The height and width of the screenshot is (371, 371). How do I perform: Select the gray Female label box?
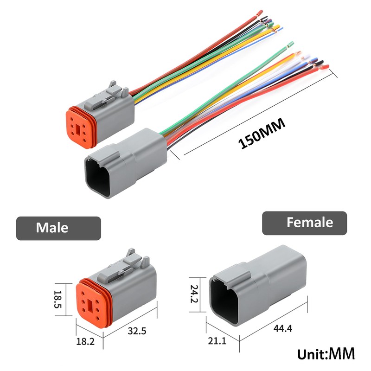(x=304, y=223)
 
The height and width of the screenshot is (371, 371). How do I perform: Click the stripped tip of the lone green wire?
(x=290, y=45)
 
